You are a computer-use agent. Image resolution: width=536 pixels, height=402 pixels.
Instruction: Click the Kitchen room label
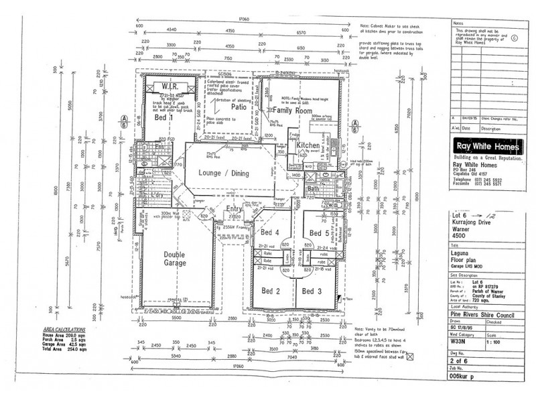[308, 145]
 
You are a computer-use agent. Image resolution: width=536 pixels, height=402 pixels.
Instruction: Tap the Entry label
[234, 210]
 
